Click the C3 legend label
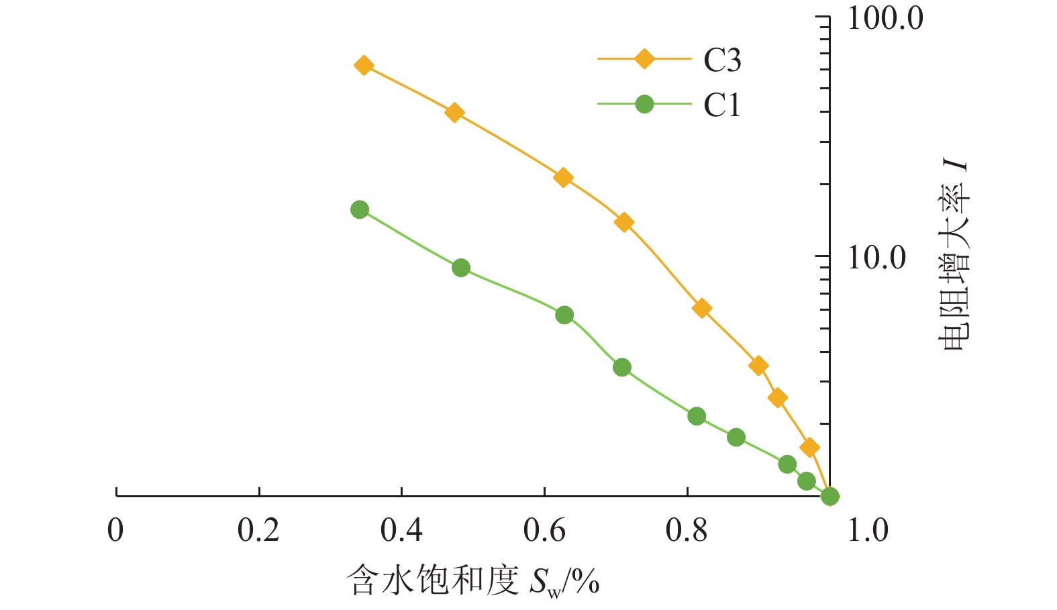[722, 60]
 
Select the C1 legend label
[722, 105]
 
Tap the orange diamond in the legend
[644, 59]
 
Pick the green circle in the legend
[644, 104]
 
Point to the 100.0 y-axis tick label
[885, 19]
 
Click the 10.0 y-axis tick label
[876, 258]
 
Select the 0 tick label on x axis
[115, 530]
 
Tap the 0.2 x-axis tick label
[258, 530]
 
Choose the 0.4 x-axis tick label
[401, 530]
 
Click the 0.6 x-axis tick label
[544, 530]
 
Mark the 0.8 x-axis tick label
[687, 530]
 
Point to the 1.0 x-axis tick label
[868, 530]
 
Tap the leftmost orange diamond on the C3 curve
[364, 65]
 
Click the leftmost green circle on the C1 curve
[360, 209]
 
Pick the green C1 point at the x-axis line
[830, 496]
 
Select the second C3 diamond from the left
[454, 112]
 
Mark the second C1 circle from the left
[461, 268]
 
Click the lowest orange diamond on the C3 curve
[809, 447]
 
